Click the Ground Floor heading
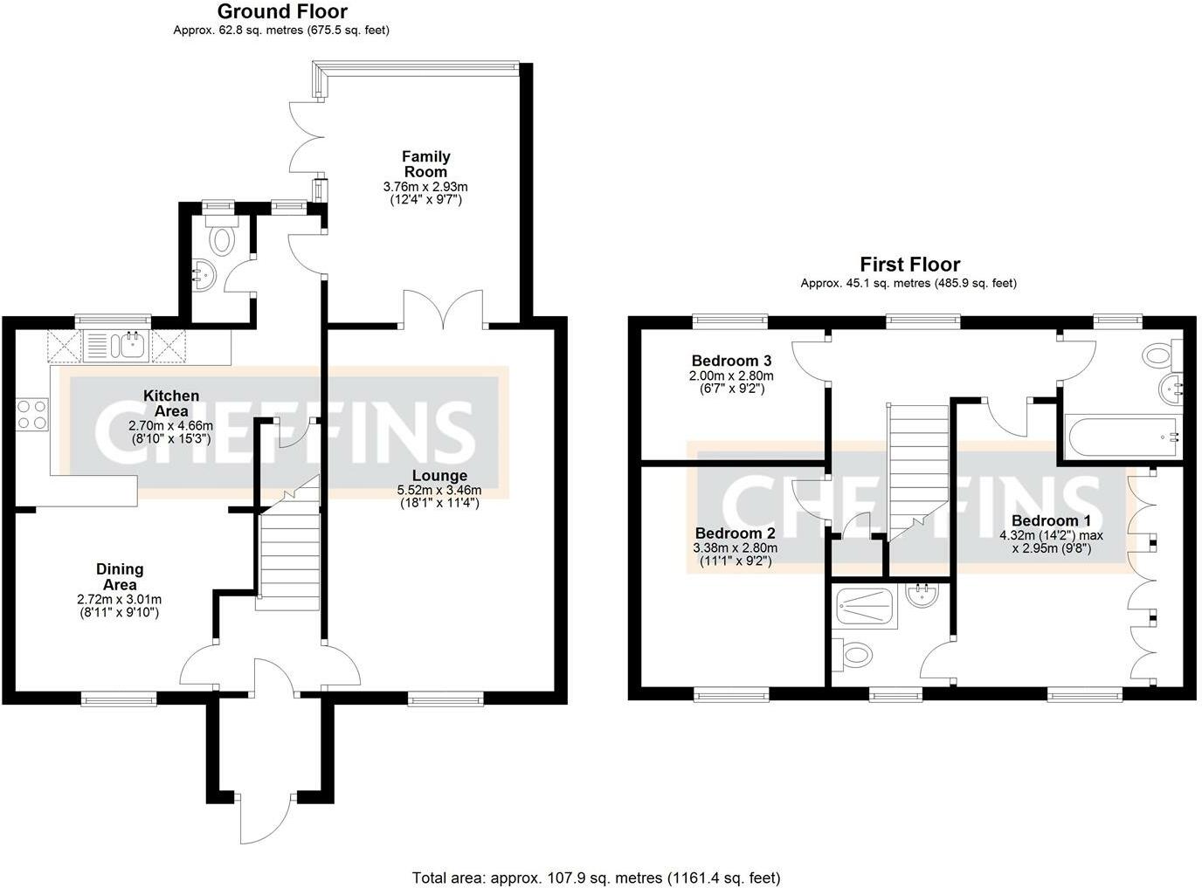(x=282, y=11)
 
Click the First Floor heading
(x=909, y=265)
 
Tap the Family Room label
(x=426, y=164)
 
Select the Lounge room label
(x=439, y=475)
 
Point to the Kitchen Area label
(x=171, y=403)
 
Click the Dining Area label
(x=120, y=577)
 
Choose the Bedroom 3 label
(x=732, y=361)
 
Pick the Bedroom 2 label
(x=735, y=533)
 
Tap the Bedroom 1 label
(x=1052, y=520)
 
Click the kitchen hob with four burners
(x=32, y=415)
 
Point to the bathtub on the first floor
(x=1122, y=437)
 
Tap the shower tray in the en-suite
(x=864, y=609)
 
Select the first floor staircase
(x=918, y=472)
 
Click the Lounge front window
(x=446, y=698)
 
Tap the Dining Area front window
(x=119, y=698)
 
